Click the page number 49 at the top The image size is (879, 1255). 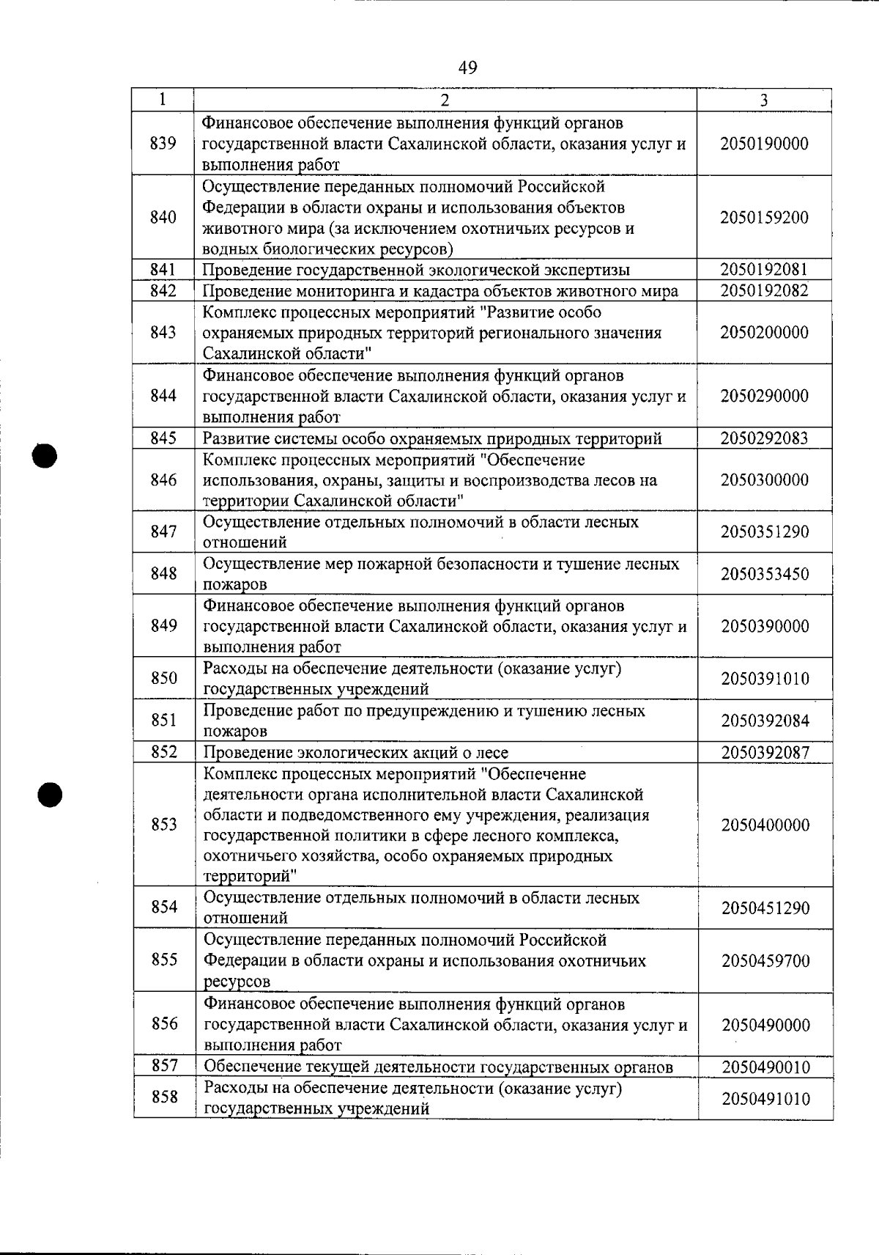[x=467, y=68]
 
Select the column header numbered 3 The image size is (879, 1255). [x=763, y=100]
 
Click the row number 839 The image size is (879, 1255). [x=163, y=144]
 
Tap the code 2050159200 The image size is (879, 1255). [x=764, y=218]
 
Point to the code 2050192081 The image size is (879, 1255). [x=764, y=270]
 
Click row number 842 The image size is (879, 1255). [x=163, y=291]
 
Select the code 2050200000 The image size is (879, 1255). [x=764, y=333]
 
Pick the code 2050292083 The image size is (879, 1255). [x=764, y=438]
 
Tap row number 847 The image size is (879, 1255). [x=163, y=532]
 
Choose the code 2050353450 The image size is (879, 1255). [x=765, y=574]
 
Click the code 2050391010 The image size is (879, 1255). [x=765, y=679]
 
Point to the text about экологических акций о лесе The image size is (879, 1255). [x=355, y=753]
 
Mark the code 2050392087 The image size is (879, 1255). [x=765, y=753]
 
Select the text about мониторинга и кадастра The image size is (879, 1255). [x=439, y=291]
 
